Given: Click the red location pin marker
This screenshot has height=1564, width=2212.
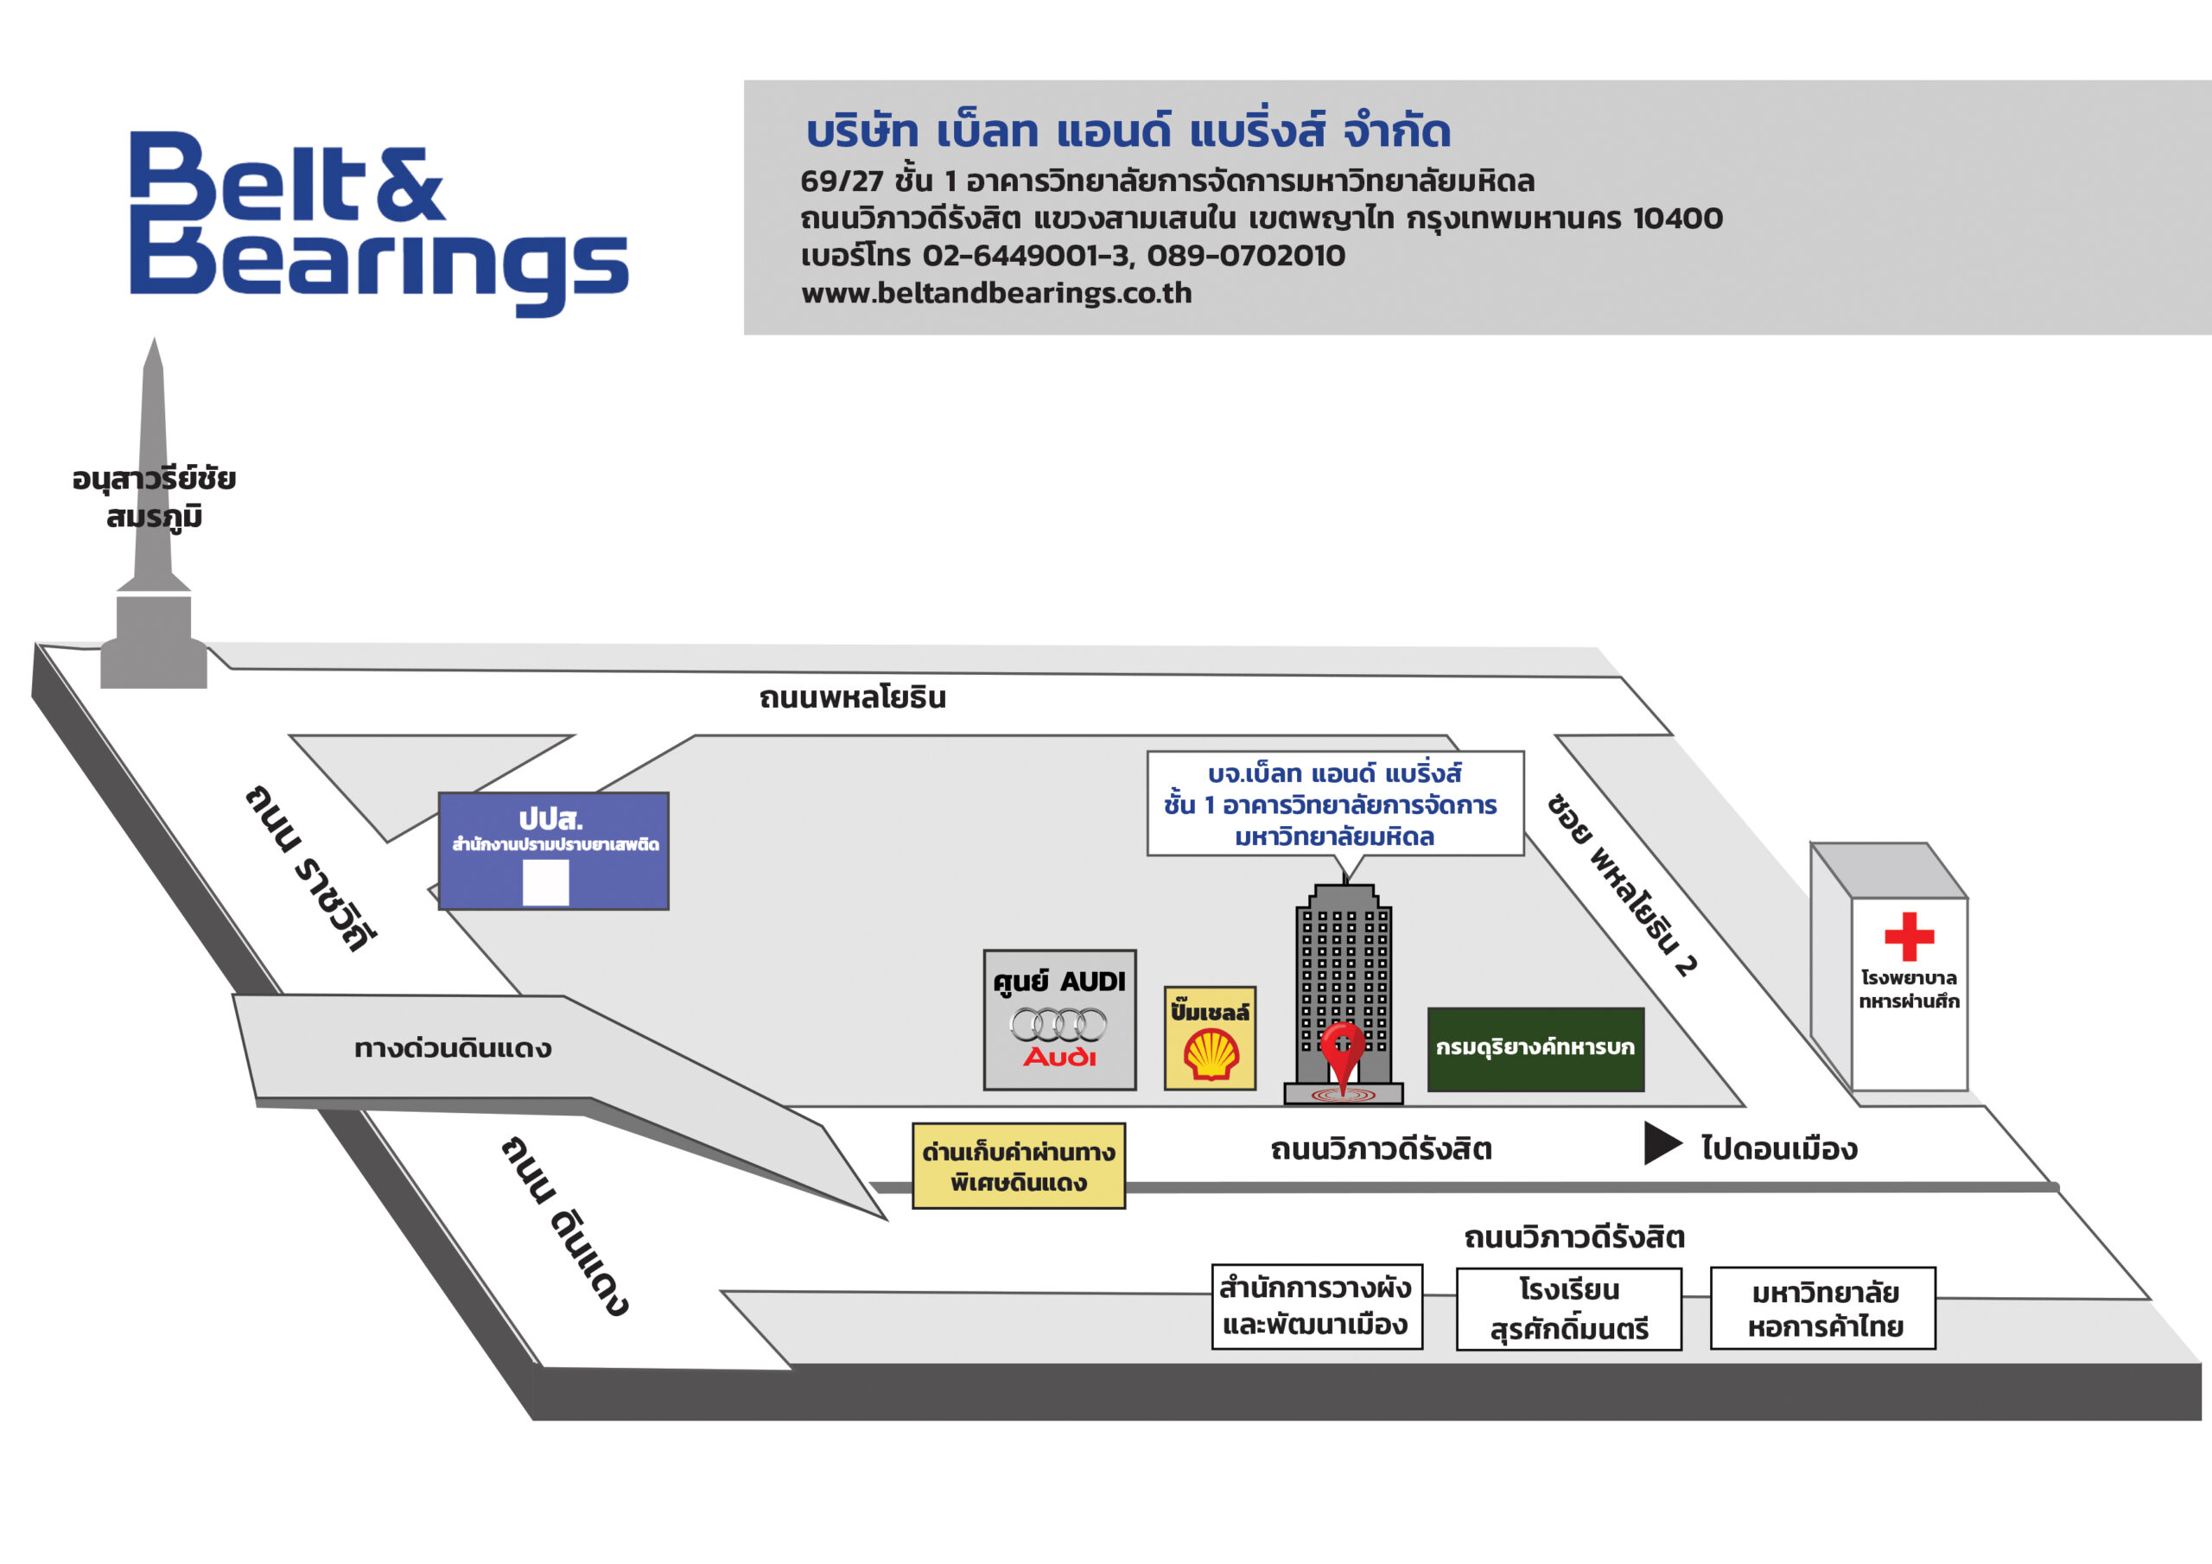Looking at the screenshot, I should click(x=1342, y=1052).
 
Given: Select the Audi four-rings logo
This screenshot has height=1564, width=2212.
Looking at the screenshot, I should click(x=1058, y=1023).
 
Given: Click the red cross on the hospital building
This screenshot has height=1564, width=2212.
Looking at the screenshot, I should click(x=1909, y=936).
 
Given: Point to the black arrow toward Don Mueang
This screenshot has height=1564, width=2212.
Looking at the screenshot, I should click(x=1661, y=1143).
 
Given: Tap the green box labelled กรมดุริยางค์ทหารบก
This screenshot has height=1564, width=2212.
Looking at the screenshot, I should click(x=1535, y=1048).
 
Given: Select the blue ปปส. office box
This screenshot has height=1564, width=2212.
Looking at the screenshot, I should click(x=553, y=851).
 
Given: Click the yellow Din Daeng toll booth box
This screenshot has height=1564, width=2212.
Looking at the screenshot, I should click(x=1019, y=1166).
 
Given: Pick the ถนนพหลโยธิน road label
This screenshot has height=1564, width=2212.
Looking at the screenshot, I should click(x=852, y=697).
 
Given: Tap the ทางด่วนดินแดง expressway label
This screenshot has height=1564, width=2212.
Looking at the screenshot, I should click(x=453, y=1048).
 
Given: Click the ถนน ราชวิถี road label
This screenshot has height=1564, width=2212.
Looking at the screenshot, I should click(x=309, y=868).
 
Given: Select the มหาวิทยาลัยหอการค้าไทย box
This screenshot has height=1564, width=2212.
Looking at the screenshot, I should click(x=1823, y=1308).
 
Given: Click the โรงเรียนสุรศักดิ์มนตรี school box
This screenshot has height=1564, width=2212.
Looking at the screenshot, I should click(x=1568, y=1308).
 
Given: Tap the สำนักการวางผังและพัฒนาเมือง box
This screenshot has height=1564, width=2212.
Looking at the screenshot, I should click(x=1316, y=1307).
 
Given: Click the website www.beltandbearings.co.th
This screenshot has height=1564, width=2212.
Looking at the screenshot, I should click(x=996, y=293).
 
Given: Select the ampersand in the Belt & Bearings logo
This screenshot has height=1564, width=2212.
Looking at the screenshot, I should click(x=410, y=185).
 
